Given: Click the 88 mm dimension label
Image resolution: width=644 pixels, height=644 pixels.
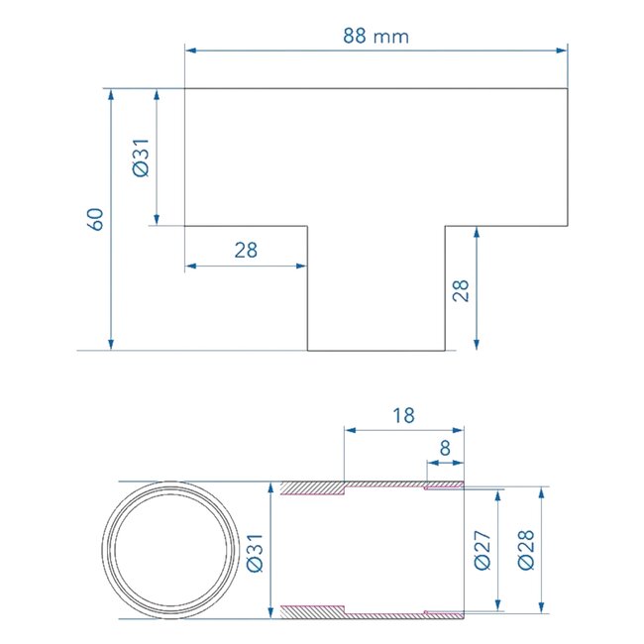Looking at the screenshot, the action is tap(376, 36).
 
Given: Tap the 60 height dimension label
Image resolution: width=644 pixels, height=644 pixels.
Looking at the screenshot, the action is tap(96, 219).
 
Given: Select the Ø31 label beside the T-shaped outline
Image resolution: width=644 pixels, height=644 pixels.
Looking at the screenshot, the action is tap(141, 158).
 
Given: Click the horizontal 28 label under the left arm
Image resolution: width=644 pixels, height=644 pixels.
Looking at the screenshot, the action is tap(246, 250).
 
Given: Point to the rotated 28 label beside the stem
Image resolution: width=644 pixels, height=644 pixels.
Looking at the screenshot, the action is tap(461, 290).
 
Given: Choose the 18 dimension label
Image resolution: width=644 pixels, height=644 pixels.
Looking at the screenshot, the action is tap(403, 415).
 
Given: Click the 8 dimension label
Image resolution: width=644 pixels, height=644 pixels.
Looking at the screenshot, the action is tap(445, 448).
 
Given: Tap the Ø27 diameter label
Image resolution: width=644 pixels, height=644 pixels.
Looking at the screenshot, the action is tap(483, 550).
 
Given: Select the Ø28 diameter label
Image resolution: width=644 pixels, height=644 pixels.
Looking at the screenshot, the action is tap(526, 550).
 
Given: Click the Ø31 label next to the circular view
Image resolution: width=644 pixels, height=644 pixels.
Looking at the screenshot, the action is tap(255, 553).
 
